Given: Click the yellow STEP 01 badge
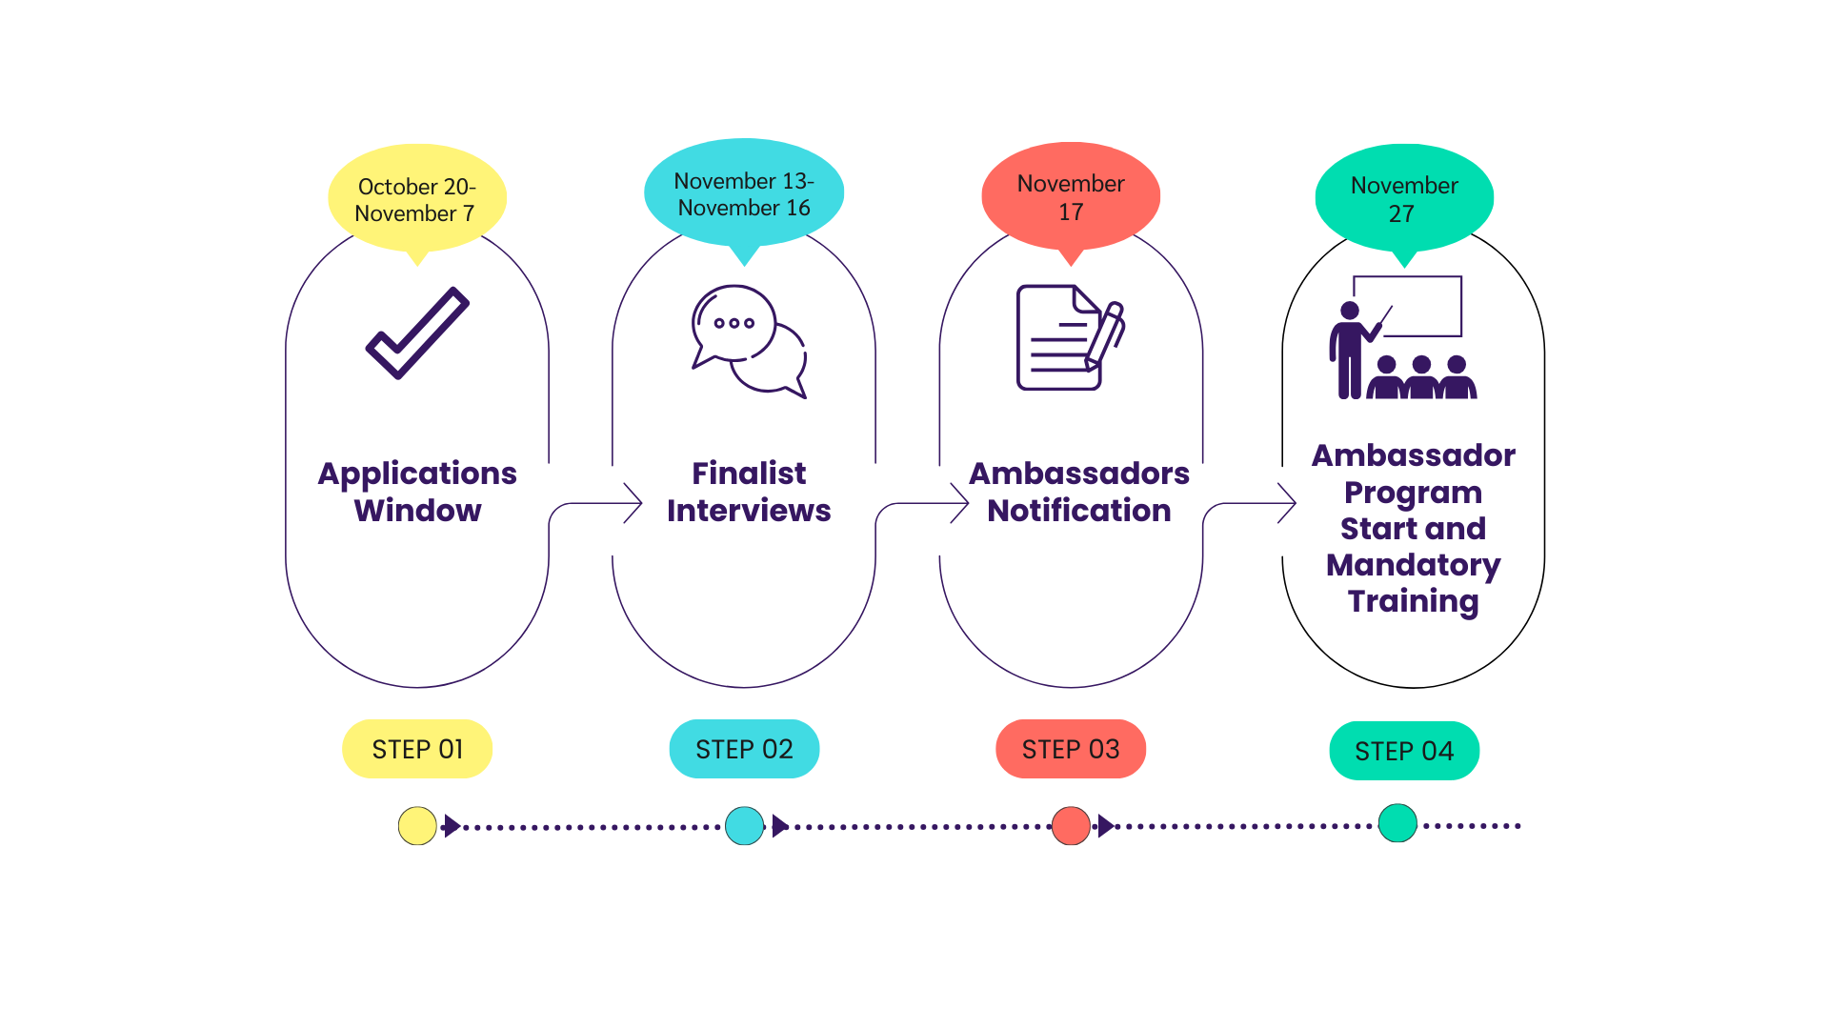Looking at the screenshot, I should point(417,749).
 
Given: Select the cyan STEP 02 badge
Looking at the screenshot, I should point(744,749).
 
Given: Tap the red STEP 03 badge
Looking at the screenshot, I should point(1071,749).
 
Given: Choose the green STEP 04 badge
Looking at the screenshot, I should point(1404,751).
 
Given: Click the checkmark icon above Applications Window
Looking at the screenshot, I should point(417,333).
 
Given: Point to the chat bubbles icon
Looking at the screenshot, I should point(749,341).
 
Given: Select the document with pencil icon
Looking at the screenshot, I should point(1070,337).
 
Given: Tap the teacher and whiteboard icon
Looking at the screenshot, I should point(1402,338).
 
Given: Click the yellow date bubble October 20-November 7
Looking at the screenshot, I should point(416,199).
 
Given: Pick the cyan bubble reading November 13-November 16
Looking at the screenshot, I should point(744,193).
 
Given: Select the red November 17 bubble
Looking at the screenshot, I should point(1071,196).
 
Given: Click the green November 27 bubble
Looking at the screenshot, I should point(1404,198).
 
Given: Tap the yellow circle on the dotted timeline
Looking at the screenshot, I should point(417,826).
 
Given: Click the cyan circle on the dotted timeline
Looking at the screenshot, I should point(744,826).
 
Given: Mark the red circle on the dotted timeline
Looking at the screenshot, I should point(1071,826).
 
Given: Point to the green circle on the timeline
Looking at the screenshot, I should point(1397,823).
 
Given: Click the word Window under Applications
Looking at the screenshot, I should point(417,511).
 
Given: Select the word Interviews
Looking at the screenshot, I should point(749,511).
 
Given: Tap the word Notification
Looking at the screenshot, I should point(1078,511).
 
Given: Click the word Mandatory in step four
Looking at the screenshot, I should point(1413,565).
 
